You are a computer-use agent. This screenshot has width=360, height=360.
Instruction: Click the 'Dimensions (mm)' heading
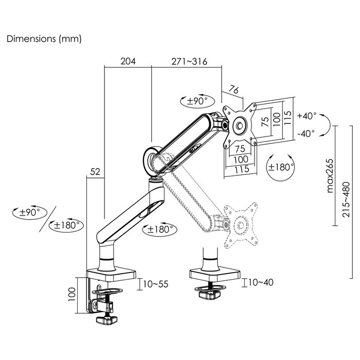44,39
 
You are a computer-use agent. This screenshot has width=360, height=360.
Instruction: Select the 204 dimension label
128,61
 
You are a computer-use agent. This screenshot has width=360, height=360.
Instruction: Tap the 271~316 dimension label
189,62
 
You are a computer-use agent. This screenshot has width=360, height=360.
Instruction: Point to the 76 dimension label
233,89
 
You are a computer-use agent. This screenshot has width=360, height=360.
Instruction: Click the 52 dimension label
95,171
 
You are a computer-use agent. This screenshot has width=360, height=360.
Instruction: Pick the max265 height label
330,176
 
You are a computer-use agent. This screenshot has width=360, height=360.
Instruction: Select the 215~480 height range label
346,200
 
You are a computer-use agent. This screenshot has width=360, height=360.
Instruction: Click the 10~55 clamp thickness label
156,284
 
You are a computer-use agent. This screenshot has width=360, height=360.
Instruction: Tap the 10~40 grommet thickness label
261,282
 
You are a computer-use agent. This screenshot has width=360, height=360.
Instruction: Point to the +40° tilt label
307,116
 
